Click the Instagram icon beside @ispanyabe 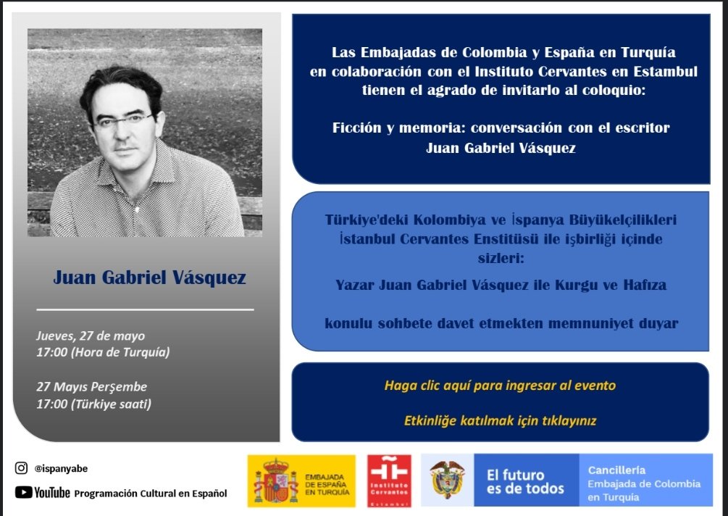pos(21,468)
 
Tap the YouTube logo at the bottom pos(43,493)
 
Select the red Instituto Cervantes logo pos(390,480)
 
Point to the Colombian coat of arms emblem pos(447,480)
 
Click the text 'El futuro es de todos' pos(524,482)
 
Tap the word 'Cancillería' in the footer pos(616,470)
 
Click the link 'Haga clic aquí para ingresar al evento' pos(500,386)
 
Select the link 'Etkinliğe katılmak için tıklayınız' pos(500,420)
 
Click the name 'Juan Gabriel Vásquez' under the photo pos(149,278)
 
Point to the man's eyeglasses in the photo pos(125,120)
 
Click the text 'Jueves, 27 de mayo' pos(91,336)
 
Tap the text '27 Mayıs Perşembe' pos(91,387)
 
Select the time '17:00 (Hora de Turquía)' pos(102,353)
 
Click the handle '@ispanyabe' pos(61,469)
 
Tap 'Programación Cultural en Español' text pos(151,494)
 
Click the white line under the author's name pos(145,309)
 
